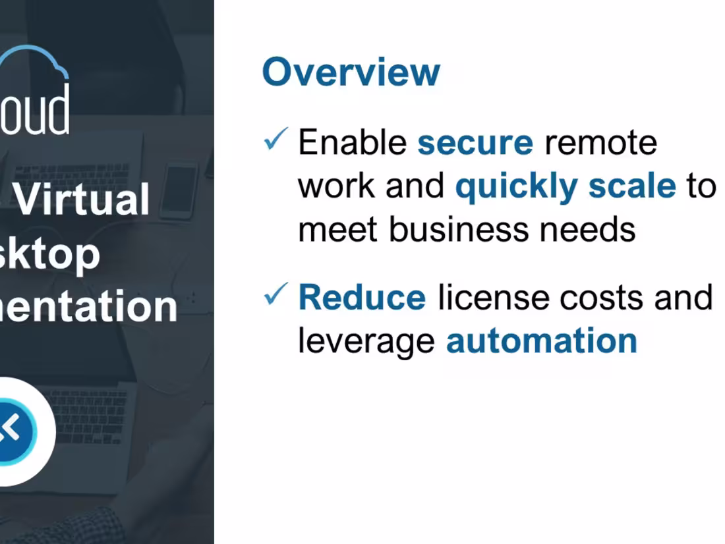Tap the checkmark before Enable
tap(275, 139)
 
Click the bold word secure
tap(475, 143)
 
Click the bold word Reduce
tap(362, 298)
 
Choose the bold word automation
tap(541, 341)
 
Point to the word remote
tap(600, 143)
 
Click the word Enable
tap(353, 143)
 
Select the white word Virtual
tap(82, 200)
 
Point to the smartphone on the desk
tap(179, 189)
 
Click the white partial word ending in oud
tap(36, 111)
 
